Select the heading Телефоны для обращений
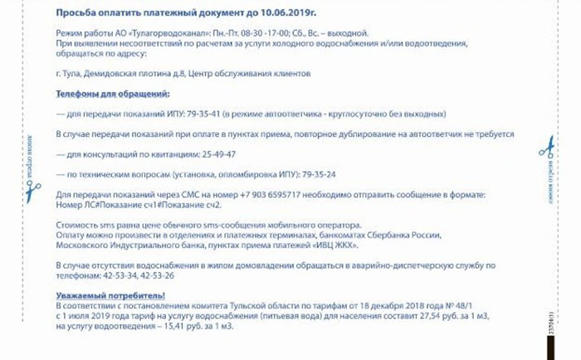pyautogui.click(x=112, y=94)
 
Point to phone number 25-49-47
pyautogui.click(x=218, y=154)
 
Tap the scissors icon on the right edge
pyautogui.click(x=545, y=147)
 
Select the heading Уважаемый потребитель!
pyautogui.click(x=110, y=295)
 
